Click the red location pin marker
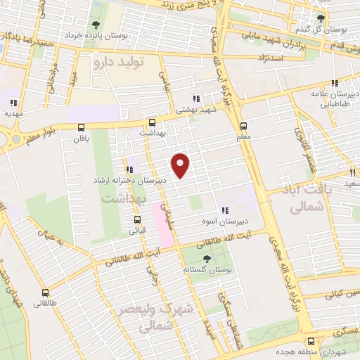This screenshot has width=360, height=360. click(181, 165)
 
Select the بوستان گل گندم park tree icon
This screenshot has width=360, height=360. click(321, 18)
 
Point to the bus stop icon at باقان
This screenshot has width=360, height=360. click(82, 127)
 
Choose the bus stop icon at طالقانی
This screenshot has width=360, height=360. click(46, 292)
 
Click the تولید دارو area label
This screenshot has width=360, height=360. click(117, 62)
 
